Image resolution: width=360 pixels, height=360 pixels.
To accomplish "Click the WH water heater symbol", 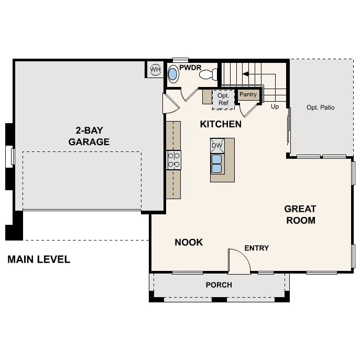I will [x=155, y=70].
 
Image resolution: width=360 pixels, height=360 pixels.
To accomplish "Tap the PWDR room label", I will [x=190, y=68].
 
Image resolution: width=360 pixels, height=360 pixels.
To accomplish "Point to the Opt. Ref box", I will [x=223, y=100].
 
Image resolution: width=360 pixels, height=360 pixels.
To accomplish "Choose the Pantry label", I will [x=248, y=95].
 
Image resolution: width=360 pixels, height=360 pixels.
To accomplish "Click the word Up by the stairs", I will [x=275, y=107].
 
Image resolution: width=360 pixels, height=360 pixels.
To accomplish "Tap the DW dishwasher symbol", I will [x=217, y=145].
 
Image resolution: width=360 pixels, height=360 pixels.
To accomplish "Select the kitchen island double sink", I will [x=217, y=163].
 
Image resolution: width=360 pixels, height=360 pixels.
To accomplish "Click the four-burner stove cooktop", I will [x=173, y=160].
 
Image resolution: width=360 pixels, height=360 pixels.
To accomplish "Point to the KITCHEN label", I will [x=221, y=124].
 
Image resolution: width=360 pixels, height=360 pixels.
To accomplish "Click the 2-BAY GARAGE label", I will [x=89, y=136].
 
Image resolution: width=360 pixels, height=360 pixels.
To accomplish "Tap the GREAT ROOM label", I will [x=300, y=214].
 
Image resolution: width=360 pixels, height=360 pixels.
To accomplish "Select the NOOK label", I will [x=189, y=242].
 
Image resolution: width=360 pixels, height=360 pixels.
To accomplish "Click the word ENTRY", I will [x=257, y=248].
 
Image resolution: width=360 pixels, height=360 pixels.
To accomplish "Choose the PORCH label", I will [x=219, y=285].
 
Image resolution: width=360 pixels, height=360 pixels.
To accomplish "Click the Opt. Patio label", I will [x=320, y=107].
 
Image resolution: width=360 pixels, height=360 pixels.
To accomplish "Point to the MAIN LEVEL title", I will [x=39, y=259].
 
